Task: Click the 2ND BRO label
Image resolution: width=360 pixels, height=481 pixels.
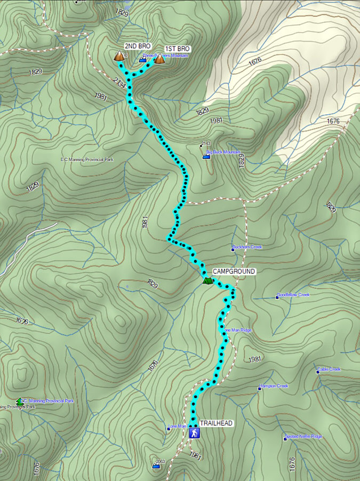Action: [x=137, y=46]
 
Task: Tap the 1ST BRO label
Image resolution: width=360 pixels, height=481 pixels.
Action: [x=177, y=49]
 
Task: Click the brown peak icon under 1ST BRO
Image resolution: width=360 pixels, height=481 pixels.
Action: [x=159, y=59]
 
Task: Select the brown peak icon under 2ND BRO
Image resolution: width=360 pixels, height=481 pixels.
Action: [x=119, y=56]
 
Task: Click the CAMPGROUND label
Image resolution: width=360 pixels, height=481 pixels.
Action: [x=234, y=272]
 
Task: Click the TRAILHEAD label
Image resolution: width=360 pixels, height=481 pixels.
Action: [x=216, y=423]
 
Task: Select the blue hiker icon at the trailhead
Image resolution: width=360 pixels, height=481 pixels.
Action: [x=195, y=432]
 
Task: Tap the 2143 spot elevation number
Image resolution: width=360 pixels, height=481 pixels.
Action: [x=206, y=144]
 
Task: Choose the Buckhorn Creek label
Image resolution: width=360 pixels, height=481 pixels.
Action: [x=249, y=248]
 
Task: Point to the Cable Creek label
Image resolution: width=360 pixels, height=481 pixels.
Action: [x=331, y=369]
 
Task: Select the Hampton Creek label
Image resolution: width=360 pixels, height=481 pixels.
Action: [x=275, y=386]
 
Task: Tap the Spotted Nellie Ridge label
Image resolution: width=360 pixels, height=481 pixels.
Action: [x=305, y=437]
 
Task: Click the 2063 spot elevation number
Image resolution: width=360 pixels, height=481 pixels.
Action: [x=159, y=461]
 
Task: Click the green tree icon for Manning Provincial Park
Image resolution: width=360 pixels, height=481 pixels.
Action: [x=20, y=401]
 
